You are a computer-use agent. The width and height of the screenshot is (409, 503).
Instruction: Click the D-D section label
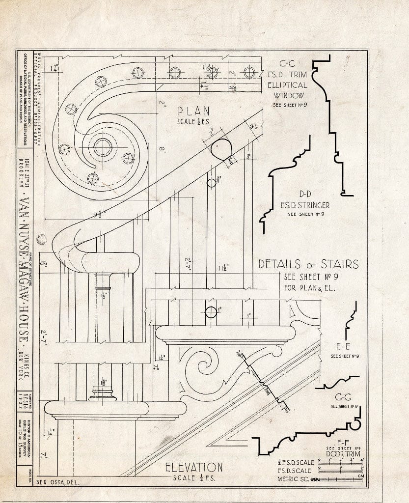(x=301, y=193)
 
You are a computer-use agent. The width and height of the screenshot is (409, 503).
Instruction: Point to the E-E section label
(x=344, y=346)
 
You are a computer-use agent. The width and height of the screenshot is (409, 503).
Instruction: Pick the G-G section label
(x=344, y=397)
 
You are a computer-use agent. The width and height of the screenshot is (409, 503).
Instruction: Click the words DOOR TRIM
(x=344, y=454)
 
